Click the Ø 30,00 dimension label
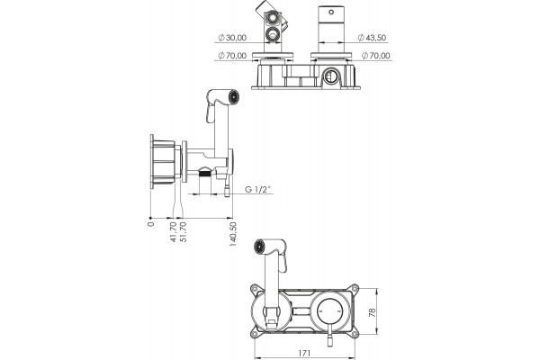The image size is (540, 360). (x=232, y=38)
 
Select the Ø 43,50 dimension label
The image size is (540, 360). (x=372, y=38)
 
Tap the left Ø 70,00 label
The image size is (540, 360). (x=232, y=56)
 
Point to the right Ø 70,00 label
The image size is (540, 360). (x=376, y=56)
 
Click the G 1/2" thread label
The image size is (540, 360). (x=258, y=189)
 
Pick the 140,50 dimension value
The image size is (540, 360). (x=233, y=234)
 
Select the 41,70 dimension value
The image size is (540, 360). (x=173, y=232)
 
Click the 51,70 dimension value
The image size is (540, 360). (x=184, y=232)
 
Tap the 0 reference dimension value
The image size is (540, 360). (x=151, y=224)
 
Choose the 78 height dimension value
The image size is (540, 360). (x=373, y=312)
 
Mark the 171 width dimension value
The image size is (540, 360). (x=304, y=353)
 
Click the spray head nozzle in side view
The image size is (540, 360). (x=235, y=96)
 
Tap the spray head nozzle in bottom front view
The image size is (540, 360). (x=260, y=246)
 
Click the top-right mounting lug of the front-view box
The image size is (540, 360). (x=355, y=289)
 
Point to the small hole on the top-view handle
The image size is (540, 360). (x=331, y=12)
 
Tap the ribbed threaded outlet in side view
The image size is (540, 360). (x=204, y=172)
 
